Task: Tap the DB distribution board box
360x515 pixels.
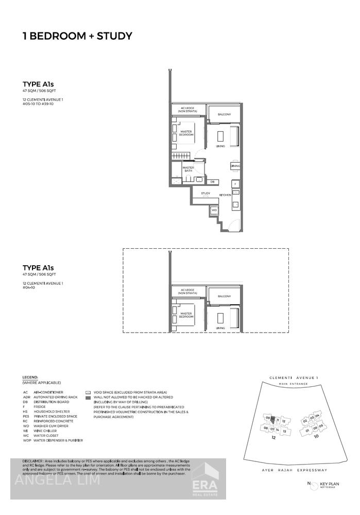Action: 212,181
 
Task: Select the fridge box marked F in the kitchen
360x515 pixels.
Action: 235,183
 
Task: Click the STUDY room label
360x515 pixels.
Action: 205,194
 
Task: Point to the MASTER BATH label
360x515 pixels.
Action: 188,168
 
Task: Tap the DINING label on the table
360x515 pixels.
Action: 235,166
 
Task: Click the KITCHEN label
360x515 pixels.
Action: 225,195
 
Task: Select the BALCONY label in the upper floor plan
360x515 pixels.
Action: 224,114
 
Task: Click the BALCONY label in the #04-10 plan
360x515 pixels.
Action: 224,296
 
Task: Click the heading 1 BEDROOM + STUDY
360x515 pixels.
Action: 78,36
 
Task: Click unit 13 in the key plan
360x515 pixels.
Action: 284,431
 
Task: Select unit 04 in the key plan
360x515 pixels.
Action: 318,416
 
